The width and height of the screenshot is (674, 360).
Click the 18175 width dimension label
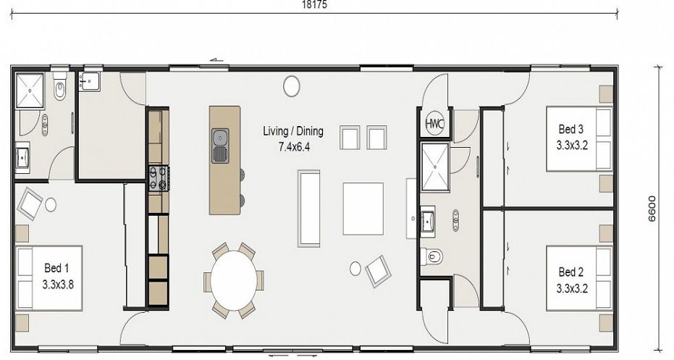(315, 5)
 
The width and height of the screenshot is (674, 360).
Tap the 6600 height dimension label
(652, 209)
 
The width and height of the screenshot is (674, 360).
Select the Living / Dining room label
(293, 131)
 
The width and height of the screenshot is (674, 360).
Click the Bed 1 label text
(56, 269)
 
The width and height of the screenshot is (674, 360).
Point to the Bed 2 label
(570, 272)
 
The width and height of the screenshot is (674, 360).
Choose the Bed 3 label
(570, 129)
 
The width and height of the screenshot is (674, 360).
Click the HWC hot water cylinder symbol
(434, 123)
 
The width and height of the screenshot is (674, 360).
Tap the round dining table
(234, 280)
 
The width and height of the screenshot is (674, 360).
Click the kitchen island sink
(220, 146)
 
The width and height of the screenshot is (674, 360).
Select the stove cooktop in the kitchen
(158, 178)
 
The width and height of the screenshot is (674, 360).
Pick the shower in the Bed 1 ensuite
(30, 90)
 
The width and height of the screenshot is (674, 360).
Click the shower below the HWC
(435, 167)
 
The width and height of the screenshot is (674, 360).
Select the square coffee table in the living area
(363, 209)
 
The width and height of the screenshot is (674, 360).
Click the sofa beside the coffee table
(308, 208)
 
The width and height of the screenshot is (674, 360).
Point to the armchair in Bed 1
(30, 204)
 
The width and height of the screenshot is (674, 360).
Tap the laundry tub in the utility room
(89, 81)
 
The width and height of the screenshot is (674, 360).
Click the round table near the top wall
(292, 86)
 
